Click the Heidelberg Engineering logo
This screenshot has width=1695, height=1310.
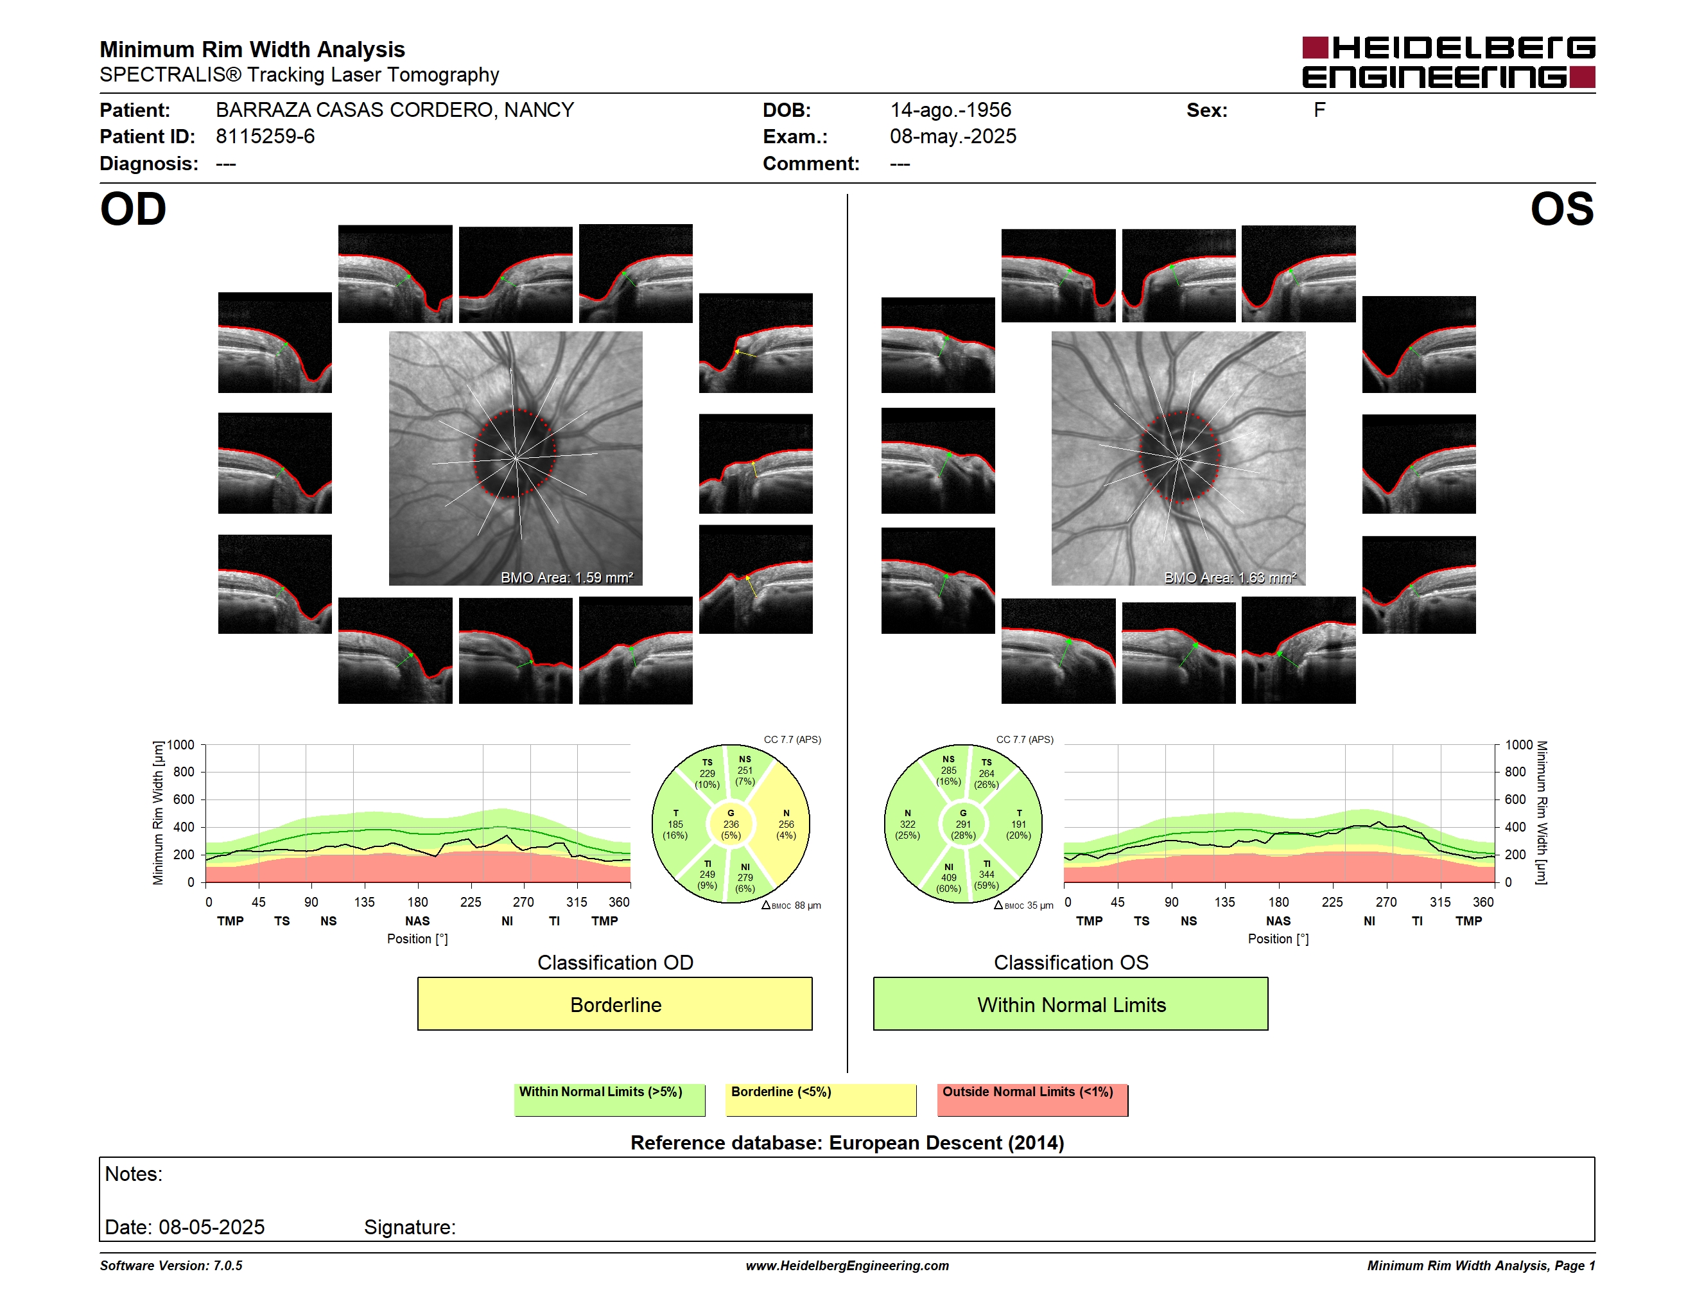click(1448, 62)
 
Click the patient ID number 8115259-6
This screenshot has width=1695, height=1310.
click(265, 137)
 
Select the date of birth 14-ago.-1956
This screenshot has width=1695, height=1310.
click(951, 110)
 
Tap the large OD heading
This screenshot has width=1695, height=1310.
click(134, 209)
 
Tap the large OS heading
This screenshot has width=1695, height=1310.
click(1561, 209)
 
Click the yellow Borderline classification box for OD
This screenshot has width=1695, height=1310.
click(614, 1004)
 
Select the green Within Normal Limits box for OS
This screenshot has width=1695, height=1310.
click(1071, 1004)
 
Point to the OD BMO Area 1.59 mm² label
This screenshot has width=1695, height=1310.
click(566, 577)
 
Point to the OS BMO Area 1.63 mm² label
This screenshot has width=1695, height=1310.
click(1230, 577)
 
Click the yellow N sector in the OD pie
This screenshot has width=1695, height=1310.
click(785, 824)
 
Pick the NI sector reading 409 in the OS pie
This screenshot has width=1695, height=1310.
click(948, 878)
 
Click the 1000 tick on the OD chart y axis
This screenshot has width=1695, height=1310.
click(181, 745)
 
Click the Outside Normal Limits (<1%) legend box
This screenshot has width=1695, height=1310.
click(1032, 1099)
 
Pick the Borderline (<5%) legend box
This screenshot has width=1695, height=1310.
click(821, 1099)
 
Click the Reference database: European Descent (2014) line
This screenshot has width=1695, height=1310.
click(847, 1143)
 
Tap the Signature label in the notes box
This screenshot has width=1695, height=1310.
click(410, 1227)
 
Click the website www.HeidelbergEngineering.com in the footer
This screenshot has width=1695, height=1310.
click(847, 1266)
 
